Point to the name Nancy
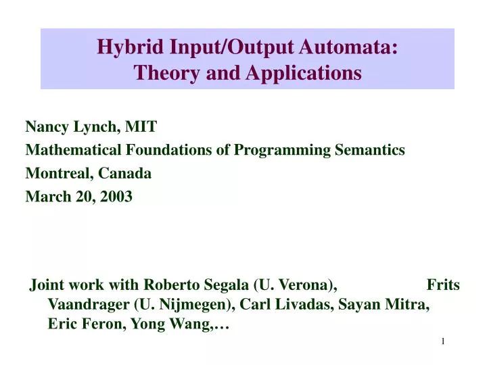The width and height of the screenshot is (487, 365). tap(46, 126)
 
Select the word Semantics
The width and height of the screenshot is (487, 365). tap(370, 149)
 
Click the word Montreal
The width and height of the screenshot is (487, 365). tap(59, 172)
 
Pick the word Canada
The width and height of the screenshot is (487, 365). tap(124, 172)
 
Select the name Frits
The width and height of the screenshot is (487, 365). tap(443, 285)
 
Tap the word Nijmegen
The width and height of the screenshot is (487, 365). tap(192, 305)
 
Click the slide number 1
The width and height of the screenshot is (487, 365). tap(443, 341)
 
